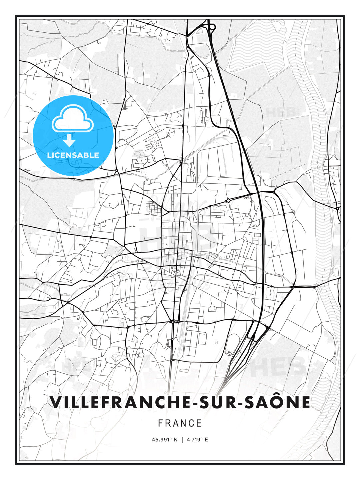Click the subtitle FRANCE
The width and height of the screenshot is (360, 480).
click(x=180, y=423)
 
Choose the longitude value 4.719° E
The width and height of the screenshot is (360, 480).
click(x=197, y=440)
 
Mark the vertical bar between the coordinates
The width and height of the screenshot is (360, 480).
click(x=182, y=440)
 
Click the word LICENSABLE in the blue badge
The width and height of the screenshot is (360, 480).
click(x=73, y=155)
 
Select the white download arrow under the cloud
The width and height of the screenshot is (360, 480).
click(x=70, y=141)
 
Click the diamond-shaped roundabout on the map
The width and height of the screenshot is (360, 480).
click(x=228, y=200)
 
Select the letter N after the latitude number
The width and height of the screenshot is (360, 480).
click(x=176, y=440)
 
